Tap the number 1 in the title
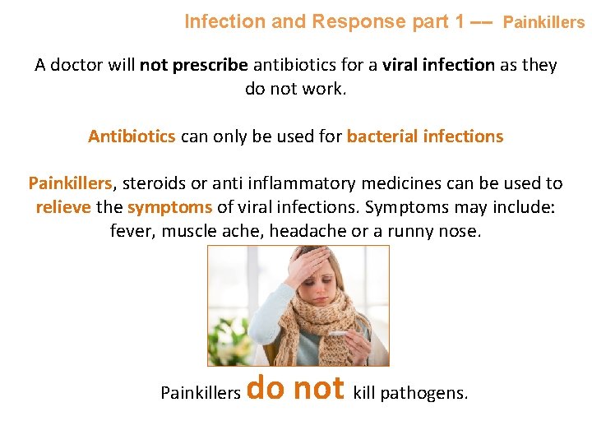[458, 21]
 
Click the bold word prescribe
[209, 65]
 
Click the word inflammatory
[292, 183]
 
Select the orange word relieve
[62, 207]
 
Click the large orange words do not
[295, 386]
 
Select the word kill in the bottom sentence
[364, 393]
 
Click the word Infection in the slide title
[224, 21]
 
